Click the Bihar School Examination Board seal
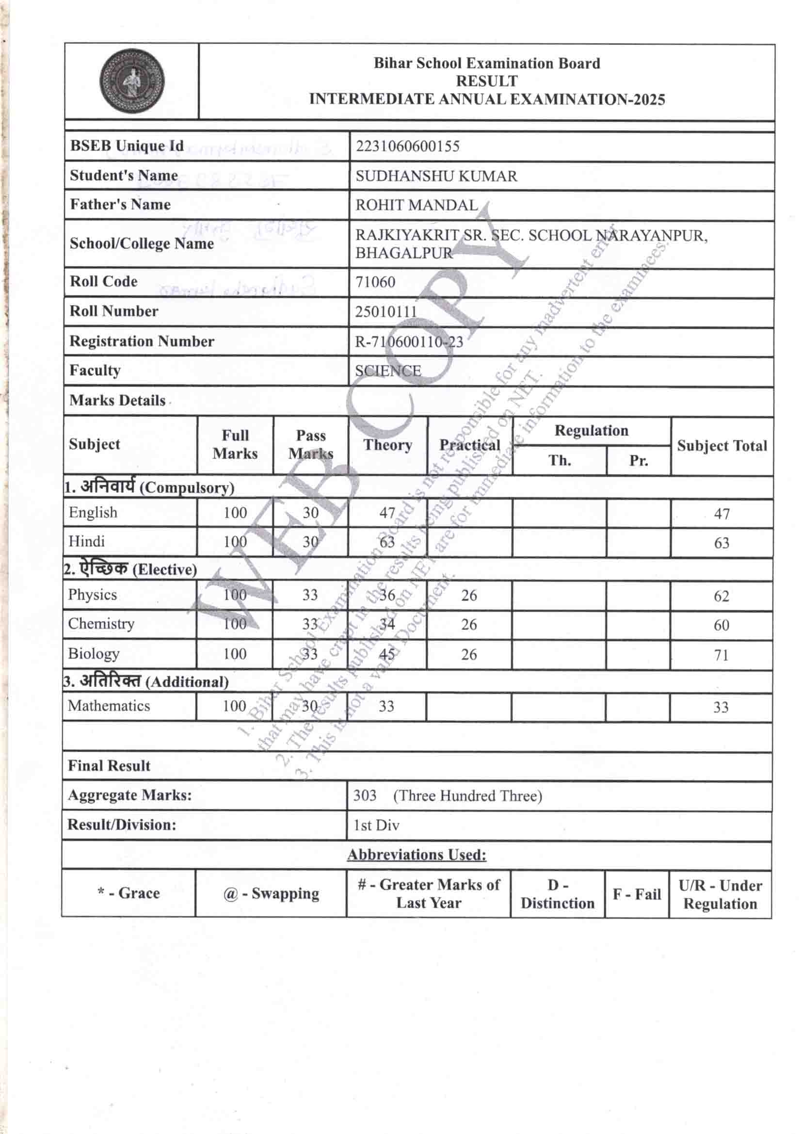[131, 81]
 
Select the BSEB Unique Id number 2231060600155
[407, 146]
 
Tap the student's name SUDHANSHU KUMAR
[436, 176]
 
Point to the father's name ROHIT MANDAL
[417, 205]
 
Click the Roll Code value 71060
[375, 282]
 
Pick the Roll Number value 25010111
[385, 312]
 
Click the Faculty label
[95, 371]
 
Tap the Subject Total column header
[722, 445]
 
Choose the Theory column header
[388, 445]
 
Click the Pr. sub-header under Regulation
[638, 460]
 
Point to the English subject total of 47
[722, 514]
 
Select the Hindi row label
[86, 541]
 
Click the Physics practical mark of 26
[469, 595]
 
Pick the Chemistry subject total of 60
[721, 625]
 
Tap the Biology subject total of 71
[721, 655]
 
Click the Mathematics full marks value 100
[234, 706]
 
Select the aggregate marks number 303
[365, 795]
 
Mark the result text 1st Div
[376, 825]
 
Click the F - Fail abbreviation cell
[637, 894]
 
